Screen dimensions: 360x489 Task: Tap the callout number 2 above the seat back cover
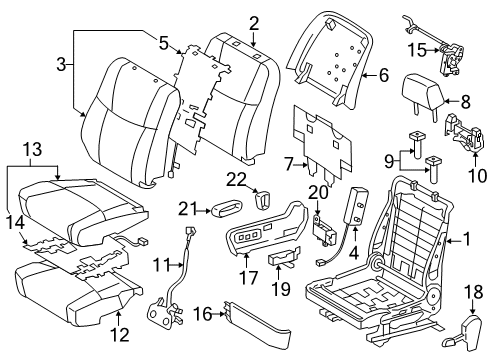click(x=254, y=22)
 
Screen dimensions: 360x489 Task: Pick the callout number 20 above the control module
click(x=319, y=192)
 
